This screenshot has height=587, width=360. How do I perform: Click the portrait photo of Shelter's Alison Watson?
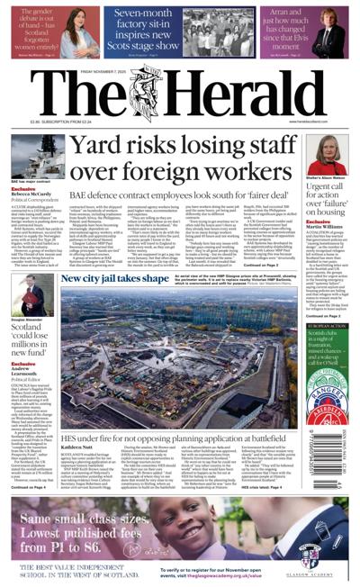(328, 157)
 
